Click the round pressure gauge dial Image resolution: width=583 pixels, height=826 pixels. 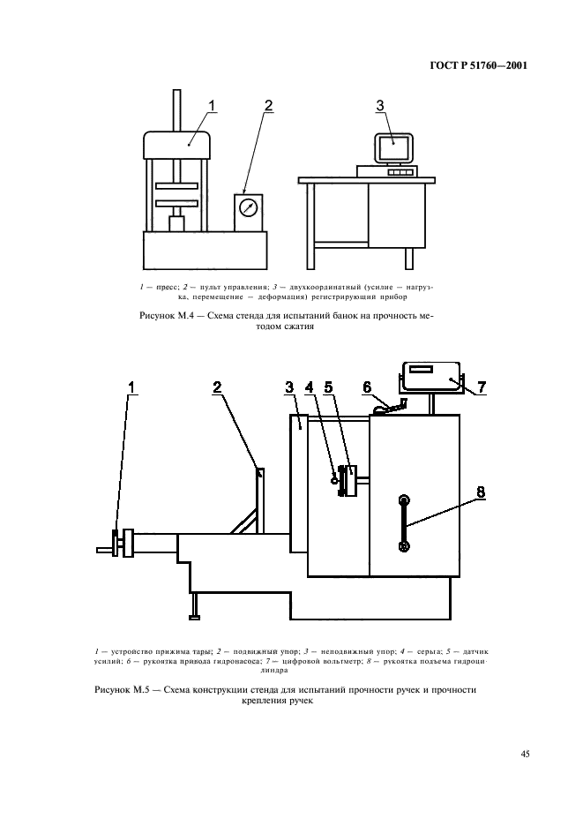pyautogui.click(x=250, y=209)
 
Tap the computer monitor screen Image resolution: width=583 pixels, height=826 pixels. pyautogui.click(x=396, y=147)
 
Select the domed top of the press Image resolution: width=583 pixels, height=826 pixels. pyautogui.click(x=176, y=142)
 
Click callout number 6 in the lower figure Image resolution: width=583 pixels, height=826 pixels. pyautogui.click(x=368, y=386)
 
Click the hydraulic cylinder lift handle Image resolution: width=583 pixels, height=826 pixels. pyautogui.click(x=404, y=524)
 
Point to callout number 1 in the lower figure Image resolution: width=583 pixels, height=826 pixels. pyautogui.click(x=132, y=386)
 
